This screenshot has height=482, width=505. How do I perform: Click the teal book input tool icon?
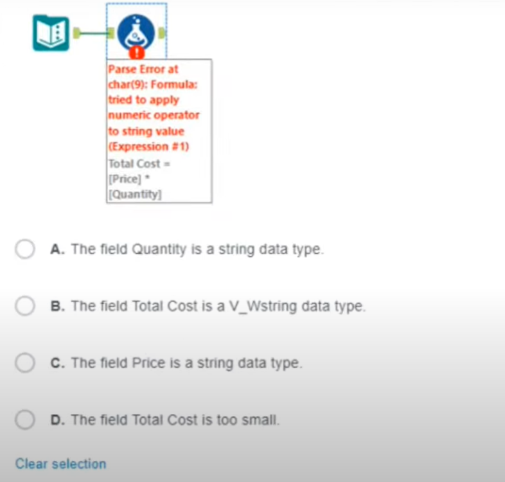[51, 33]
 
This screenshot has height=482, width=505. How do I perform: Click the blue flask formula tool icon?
[136, 31]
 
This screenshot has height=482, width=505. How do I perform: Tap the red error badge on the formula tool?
[136, 53]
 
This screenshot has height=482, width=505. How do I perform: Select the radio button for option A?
[25, 249]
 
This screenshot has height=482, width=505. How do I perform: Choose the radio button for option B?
[25, 307]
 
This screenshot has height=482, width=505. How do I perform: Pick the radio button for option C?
[25, 363]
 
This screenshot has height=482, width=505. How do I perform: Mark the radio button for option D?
[25, 420]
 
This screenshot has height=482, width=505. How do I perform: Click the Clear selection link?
[60, 464]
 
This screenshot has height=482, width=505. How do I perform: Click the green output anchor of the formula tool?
[162, 32]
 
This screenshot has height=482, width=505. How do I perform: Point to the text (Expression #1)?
[148, 147]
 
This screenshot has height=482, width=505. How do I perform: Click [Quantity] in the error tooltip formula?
[135, 193]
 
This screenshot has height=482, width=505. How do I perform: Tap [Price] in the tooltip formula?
[124, 179]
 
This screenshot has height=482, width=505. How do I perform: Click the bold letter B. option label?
[56, 307]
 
